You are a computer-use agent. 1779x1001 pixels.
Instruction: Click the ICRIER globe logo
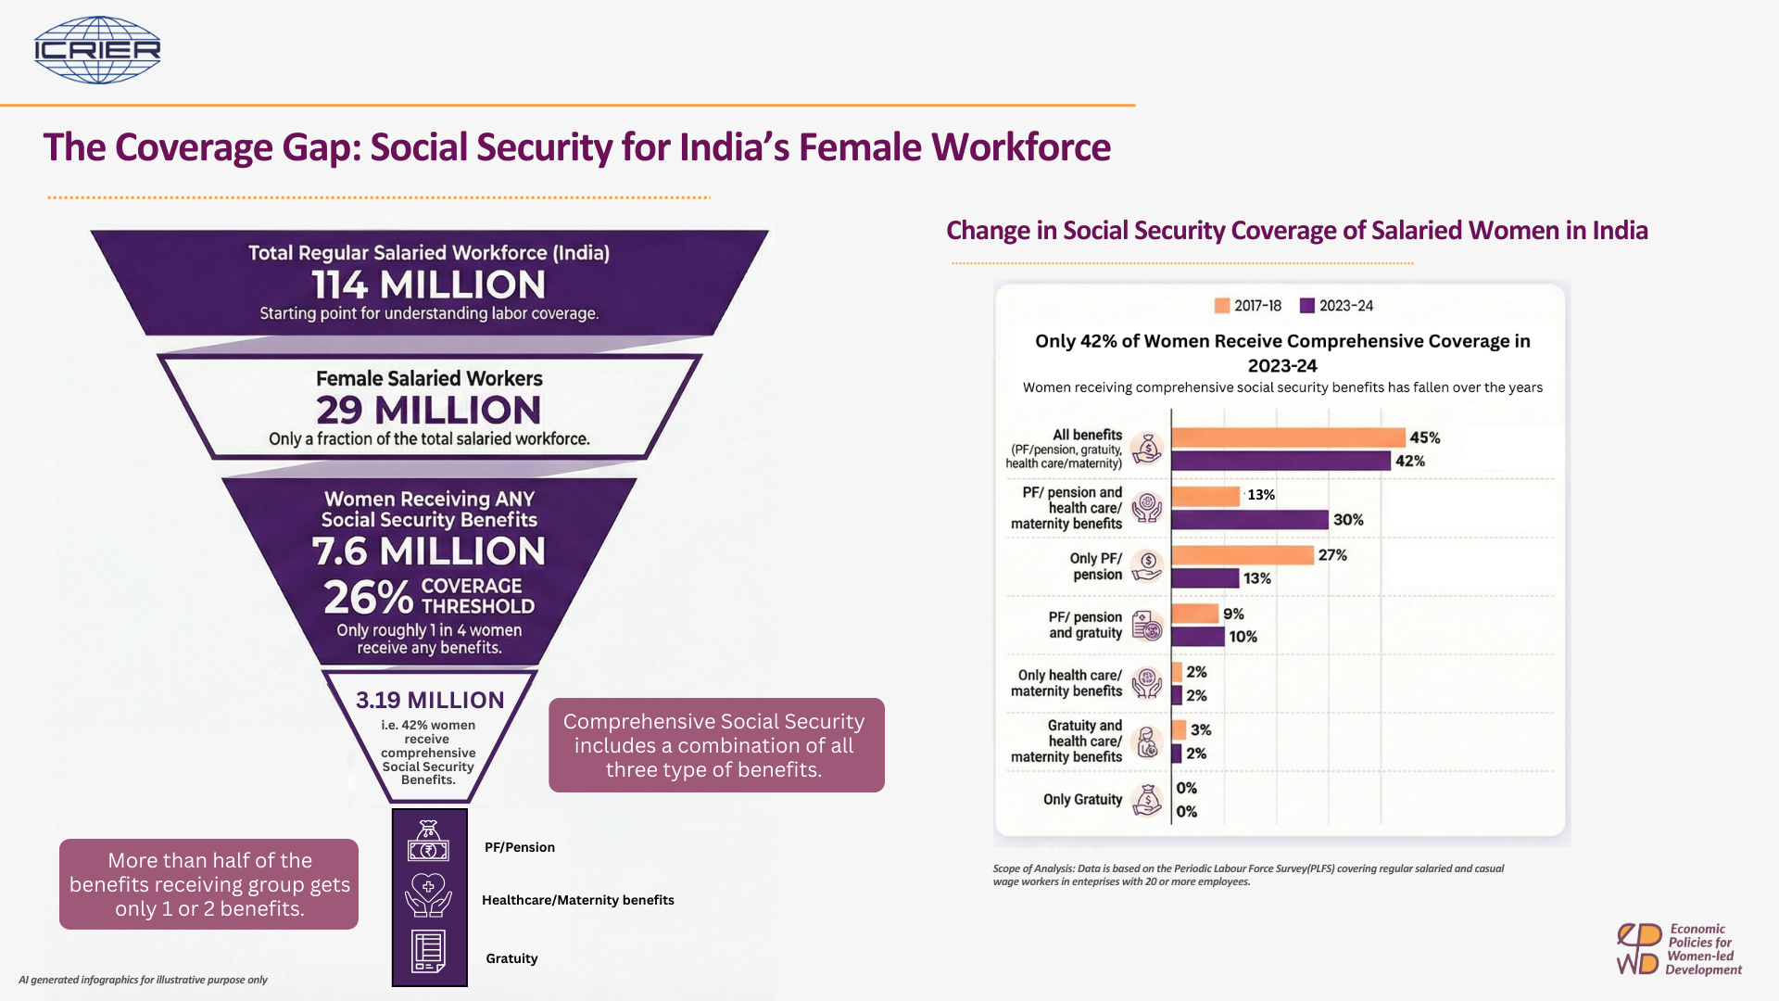(97, 50)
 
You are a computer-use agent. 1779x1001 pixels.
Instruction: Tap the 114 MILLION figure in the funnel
(428, 285)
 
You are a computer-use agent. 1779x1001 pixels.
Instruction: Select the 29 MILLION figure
(428, 410)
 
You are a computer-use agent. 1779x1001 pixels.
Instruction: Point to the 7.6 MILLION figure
(429, 551)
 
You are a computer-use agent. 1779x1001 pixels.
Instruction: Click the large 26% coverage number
(368, 598)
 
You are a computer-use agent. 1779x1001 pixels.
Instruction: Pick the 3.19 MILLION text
(430, 700)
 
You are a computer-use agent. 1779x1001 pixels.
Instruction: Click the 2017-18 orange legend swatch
(1222, 306)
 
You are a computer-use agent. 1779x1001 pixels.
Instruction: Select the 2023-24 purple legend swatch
(1307, 306)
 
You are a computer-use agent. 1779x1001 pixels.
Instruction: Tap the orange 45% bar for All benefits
(1289, 437)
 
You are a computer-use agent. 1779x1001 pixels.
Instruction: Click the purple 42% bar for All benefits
(1281, 461)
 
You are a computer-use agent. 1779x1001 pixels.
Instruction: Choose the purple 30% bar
(1250, 520)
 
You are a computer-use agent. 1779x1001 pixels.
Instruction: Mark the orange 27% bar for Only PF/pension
(1243, 555)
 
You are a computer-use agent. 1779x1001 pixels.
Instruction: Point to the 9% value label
(1233, 615)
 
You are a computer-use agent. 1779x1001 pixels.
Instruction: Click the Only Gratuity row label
(1082, 800)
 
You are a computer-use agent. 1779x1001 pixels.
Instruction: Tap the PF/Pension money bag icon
(428, 841)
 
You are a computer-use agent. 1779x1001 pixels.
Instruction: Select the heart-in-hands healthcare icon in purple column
(428, 895)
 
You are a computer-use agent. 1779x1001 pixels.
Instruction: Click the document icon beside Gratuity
(428, 952)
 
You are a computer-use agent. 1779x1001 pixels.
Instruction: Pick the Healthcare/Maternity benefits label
(578, 900)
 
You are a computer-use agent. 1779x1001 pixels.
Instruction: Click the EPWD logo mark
(1638, 949)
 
